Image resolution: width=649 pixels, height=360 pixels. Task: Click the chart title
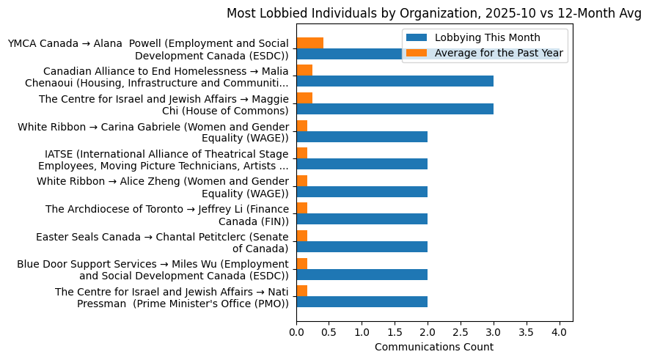433,13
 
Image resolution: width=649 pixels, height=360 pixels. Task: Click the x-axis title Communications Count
434,347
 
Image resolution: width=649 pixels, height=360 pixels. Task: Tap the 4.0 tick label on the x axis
560,332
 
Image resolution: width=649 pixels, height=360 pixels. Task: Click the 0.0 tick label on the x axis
296,332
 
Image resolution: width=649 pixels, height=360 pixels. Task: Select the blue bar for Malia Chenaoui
395,81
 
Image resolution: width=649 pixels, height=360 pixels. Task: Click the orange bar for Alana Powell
309,43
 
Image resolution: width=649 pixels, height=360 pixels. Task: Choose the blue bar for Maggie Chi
395,109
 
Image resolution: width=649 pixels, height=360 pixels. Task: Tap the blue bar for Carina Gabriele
362,136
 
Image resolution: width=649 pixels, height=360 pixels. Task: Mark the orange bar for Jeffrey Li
301,208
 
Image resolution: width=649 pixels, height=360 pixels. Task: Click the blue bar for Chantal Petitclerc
362,246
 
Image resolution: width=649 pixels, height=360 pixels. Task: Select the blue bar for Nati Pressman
362,301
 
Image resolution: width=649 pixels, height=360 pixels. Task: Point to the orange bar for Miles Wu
301,263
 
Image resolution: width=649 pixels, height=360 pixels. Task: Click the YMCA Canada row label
147,50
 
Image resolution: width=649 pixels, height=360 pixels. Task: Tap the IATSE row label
163,160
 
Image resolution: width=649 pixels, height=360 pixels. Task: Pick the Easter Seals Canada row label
162,242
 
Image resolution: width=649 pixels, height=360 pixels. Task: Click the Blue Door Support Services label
153,270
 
